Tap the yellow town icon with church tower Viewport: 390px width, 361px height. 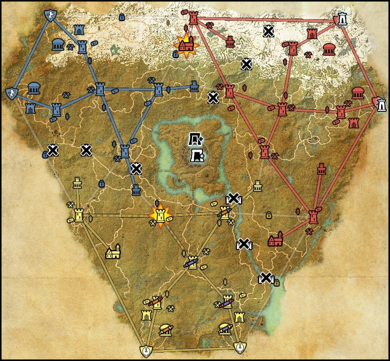114,253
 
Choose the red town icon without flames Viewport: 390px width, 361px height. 275,240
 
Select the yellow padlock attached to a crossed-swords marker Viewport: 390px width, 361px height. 277,283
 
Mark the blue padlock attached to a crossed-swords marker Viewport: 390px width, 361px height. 45,155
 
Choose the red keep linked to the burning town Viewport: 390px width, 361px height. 193,19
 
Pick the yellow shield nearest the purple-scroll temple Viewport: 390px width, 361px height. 240,348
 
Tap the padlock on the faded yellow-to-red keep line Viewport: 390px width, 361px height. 269,215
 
